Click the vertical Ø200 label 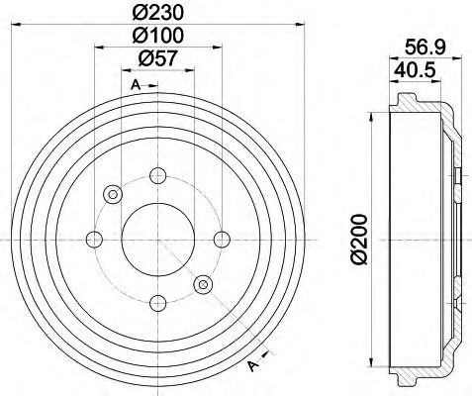click(357, 237)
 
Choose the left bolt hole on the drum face click(94, 238)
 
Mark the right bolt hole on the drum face click(221, 238)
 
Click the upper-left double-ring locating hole click(112, 193)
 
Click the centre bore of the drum click(156, 239)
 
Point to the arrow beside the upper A click(151, 87)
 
